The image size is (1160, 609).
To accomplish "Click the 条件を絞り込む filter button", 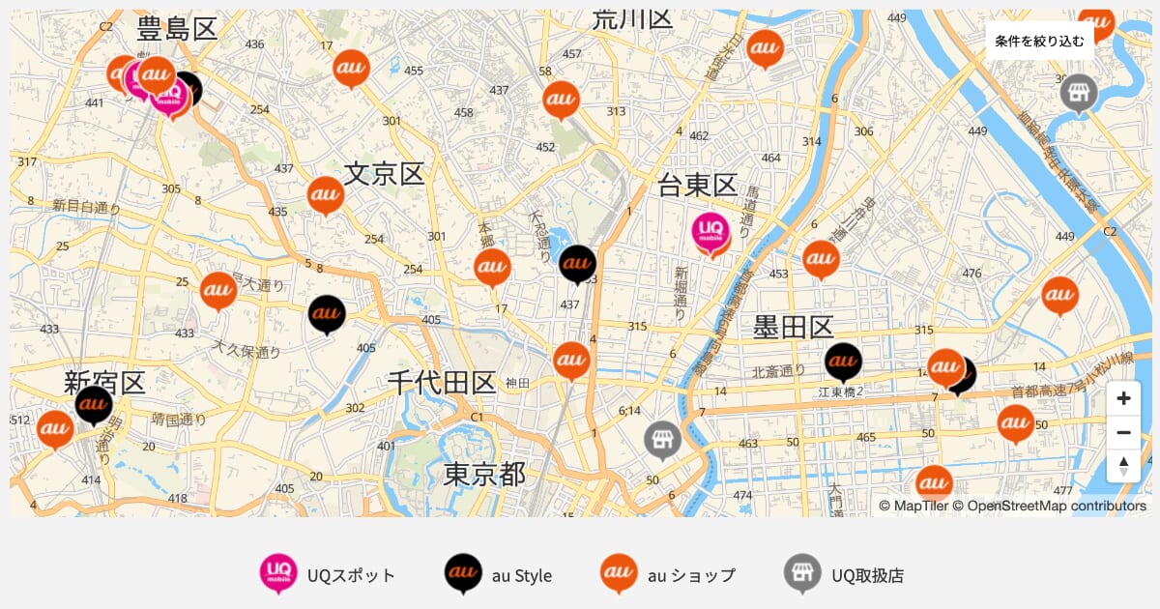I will coord(1040,41).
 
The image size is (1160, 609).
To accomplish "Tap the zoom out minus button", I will coord(1123,432).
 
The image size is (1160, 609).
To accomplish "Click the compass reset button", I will coord(1123,466).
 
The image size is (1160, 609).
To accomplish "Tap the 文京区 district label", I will coord(384,174).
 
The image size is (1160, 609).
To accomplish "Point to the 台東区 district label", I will coord(697,185).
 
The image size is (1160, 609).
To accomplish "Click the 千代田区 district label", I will coord(442,383).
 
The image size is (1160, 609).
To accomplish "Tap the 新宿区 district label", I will coord(104,382).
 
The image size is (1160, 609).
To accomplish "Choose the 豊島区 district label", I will coord(177,28).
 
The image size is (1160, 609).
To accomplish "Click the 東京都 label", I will coord(484,474).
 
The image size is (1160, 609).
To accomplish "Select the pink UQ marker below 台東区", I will coord(712,234).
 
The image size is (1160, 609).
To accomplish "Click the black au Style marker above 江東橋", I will coord(843,362).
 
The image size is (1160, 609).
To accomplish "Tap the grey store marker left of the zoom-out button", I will coord(662,439).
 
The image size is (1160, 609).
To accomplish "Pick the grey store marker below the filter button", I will coord(1078,93).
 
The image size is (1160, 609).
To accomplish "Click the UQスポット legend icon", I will coord(278,574).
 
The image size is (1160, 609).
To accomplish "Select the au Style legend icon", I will coord(463,574).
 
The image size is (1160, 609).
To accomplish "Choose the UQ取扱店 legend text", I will coord(867,575).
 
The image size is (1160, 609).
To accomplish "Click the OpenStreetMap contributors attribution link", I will coord(1056,506).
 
